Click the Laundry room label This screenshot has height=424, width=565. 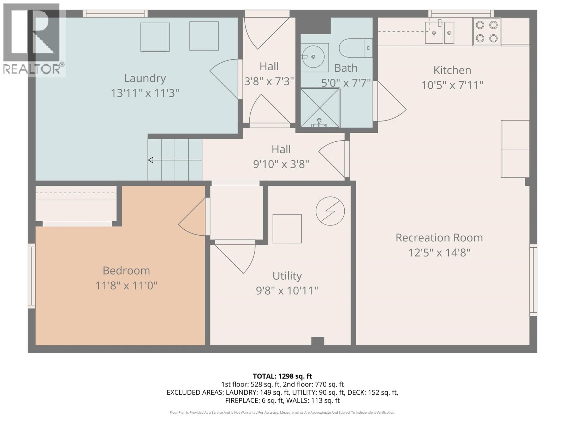click(x=145, y=78)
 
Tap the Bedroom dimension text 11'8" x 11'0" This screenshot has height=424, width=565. click(x=126, y=285)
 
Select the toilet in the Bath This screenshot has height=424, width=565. click(x=355, y=48)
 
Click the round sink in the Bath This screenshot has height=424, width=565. click(x=314, y=57)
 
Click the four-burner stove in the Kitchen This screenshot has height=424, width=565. click(x=487, y=31)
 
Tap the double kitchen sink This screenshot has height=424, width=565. click(x=439, y=32)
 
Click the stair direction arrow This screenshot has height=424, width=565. click(x=174, y=160)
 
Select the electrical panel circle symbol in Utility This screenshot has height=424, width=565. click(x=330, y=211)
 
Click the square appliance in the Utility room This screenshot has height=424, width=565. click(x=287, y=228)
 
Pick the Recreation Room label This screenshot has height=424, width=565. click(x=439, y=237)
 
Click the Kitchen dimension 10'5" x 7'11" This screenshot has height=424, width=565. click(x=452, y=85)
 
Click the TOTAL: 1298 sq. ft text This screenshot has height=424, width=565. click(x=282, y=376)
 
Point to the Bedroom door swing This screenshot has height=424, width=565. click(x=192, y=219)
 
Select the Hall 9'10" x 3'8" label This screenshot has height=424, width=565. click(x=281, y=157)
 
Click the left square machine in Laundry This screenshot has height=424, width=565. click(x=155, y=37)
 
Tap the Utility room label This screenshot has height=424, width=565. click(x=287, y=276)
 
